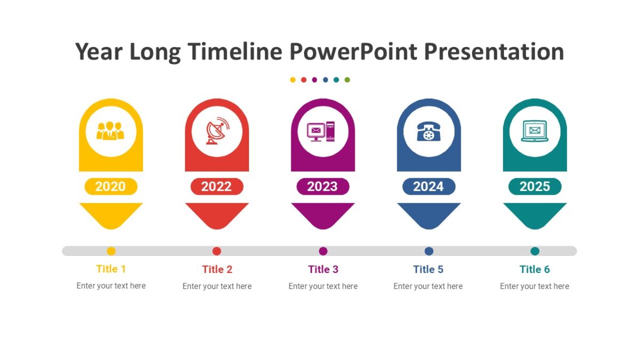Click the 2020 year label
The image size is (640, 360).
click(x=110, y=187)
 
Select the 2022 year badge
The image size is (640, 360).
click(x=217, y=187)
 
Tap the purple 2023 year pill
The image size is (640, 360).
click(x=323, y=187)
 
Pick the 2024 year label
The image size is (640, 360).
click(x=428, y=187)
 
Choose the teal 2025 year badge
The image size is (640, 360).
click(x=534, y=187)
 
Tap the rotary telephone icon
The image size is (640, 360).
click(x=428, y=131)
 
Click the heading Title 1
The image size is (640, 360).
click(x=111, y=269)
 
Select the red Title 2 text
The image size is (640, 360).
click(x=217, y=269)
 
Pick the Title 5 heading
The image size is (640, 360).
click(x=428, y=269)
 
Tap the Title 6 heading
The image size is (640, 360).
click(x=534, y=269)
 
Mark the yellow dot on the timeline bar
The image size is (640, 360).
click(x=111, y=251)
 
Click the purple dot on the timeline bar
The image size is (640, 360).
click(x=323, y=251)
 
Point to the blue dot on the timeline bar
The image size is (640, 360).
click(x=429, y=251)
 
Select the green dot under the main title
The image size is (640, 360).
click(x=347, y=80)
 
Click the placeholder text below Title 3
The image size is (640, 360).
click(x=323, y=286)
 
